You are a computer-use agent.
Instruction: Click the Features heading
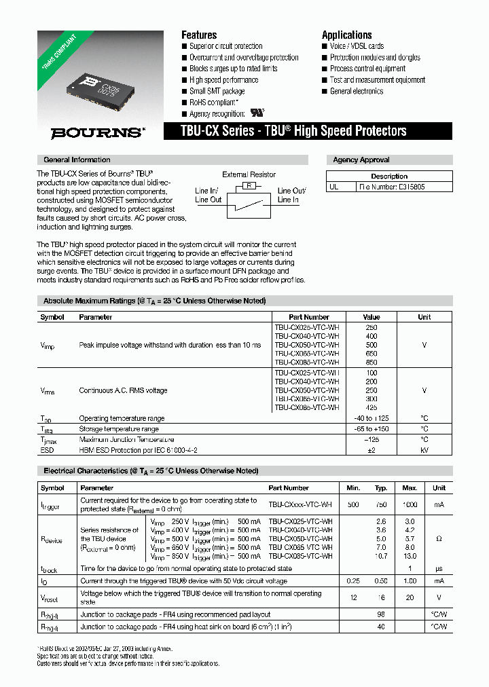tap(199, 35)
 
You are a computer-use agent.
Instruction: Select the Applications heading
tap(346, 35)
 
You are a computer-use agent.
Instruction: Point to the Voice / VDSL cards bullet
tap(357, 46)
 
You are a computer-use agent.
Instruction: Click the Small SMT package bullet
tap(217, 91)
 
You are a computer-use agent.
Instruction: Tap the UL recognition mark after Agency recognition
tap(258, 113)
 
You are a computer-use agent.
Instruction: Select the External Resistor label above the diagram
tap(249, 174)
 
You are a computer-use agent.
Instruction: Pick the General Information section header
tap(76, 160)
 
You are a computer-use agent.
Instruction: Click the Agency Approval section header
tap(361, 160)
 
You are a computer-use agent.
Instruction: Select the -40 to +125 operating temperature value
tap(372, 419)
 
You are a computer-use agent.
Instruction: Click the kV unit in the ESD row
tap(424, 449)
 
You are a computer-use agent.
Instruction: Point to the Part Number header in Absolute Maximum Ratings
tap(308, 317)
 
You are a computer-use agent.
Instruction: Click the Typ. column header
tap(381, 487)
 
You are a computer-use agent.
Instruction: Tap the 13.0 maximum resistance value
tap(410, 556)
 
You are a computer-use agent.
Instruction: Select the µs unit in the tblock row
tap(439, 569)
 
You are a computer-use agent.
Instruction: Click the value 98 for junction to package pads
tap(381, 614)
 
